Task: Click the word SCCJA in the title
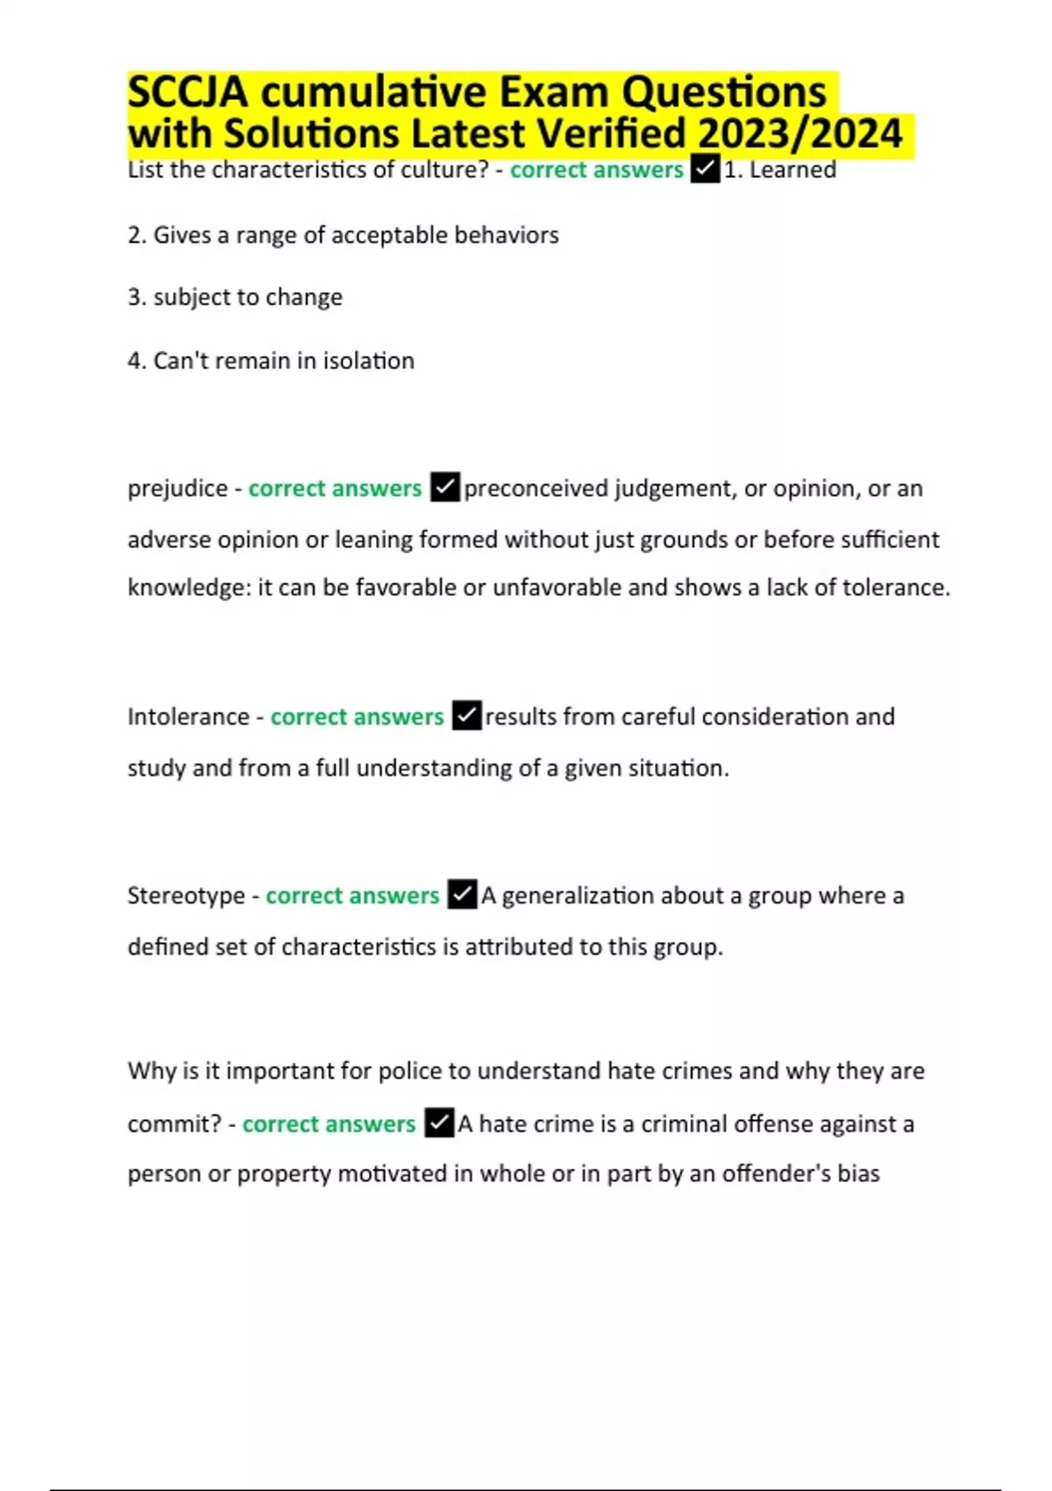pyautogui.click(x=187, y=92)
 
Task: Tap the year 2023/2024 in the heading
pyautogui.click(x=800, y=134)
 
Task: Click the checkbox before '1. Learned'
pyautogui.click(x=705, y=169)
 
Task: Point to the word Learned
pyautogui.click(x=793, y=170)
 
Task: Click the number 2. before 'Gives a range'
pyautogui.click(x=137, y=235)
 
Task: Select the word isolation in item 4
pyautogui.click(x=368, y=360)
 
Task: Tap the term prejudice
pyautogui.click(x=177, y=489)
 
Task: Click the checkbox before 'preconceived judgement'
pyautogui.click(x=444, y=488)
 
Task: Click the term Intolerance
pyautogui.click(x=188, y=717)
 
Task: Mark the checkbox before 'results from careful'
pyautogui.click(x=466, y=716)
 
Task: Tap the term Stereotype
pyautogui.click(x=186, y=895)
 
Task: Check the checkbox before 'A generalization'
pyautogui.click(x=462, y=895)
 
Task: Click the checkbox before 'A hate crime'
pyautogui.click(x=439, y=1123)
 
